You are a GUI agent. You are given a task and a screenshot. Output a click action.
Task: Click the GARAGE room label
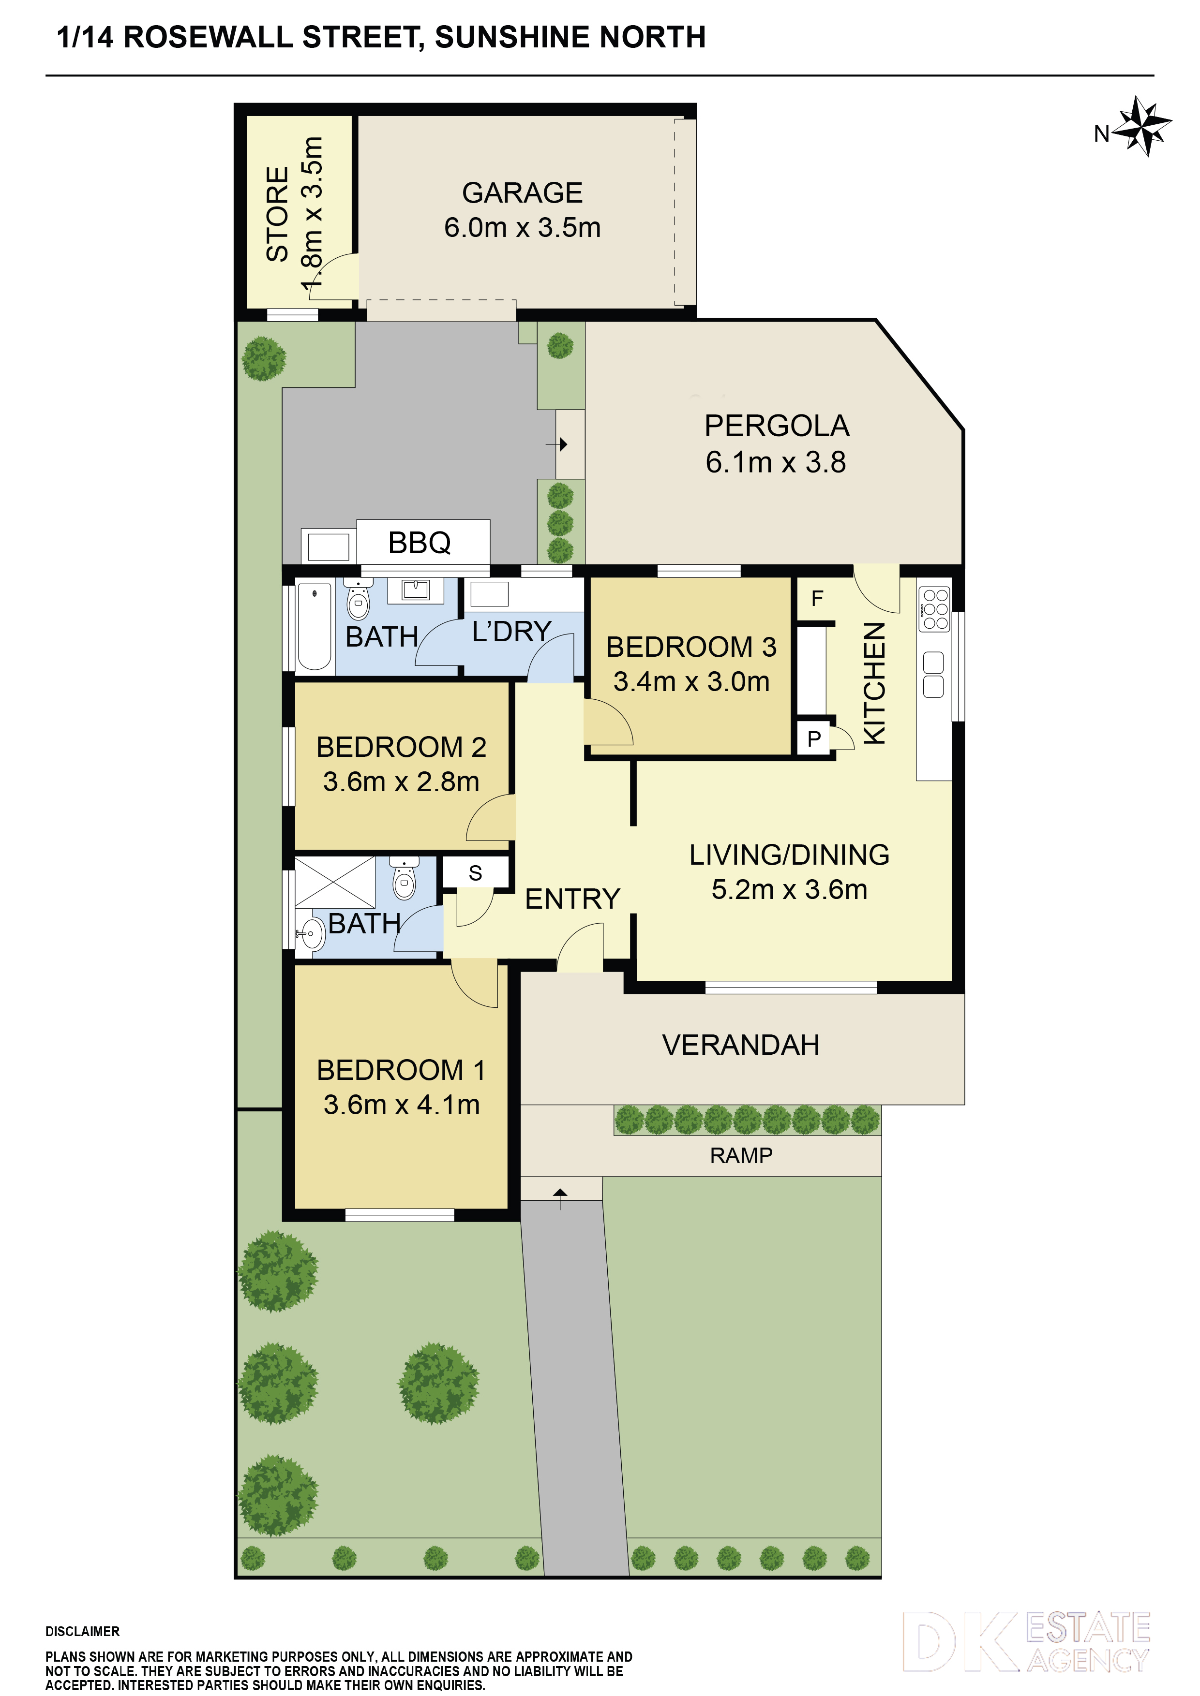523,193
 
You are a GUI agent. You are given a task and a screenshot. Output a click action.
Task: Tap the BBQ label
419,543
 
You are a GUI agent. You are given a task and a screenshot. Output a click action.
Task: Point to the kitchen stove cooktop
934,609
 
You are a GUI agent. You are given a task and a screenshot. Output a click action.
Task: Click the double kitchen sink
933,675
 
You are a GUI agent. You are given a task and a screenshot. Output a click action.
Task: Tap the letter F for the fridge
816,598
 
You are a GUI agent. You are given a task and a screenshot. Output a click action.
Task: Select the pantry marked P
814,738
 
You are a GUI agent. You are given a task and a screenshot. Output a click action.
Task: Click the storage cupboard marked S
475,873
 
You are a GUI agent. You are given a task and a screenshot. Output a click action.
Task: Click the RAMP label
741,1155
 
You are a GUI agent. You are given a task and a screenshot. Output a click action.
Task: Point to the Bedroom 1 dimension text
401,1105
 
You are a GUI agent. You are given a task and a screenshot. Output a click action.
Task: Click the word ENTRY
572,899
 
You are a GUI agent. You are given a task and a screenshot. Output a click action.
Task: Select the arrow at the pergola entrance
556,445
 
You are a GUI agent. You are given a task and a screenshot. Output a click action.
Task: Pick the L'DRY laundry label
512,632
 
